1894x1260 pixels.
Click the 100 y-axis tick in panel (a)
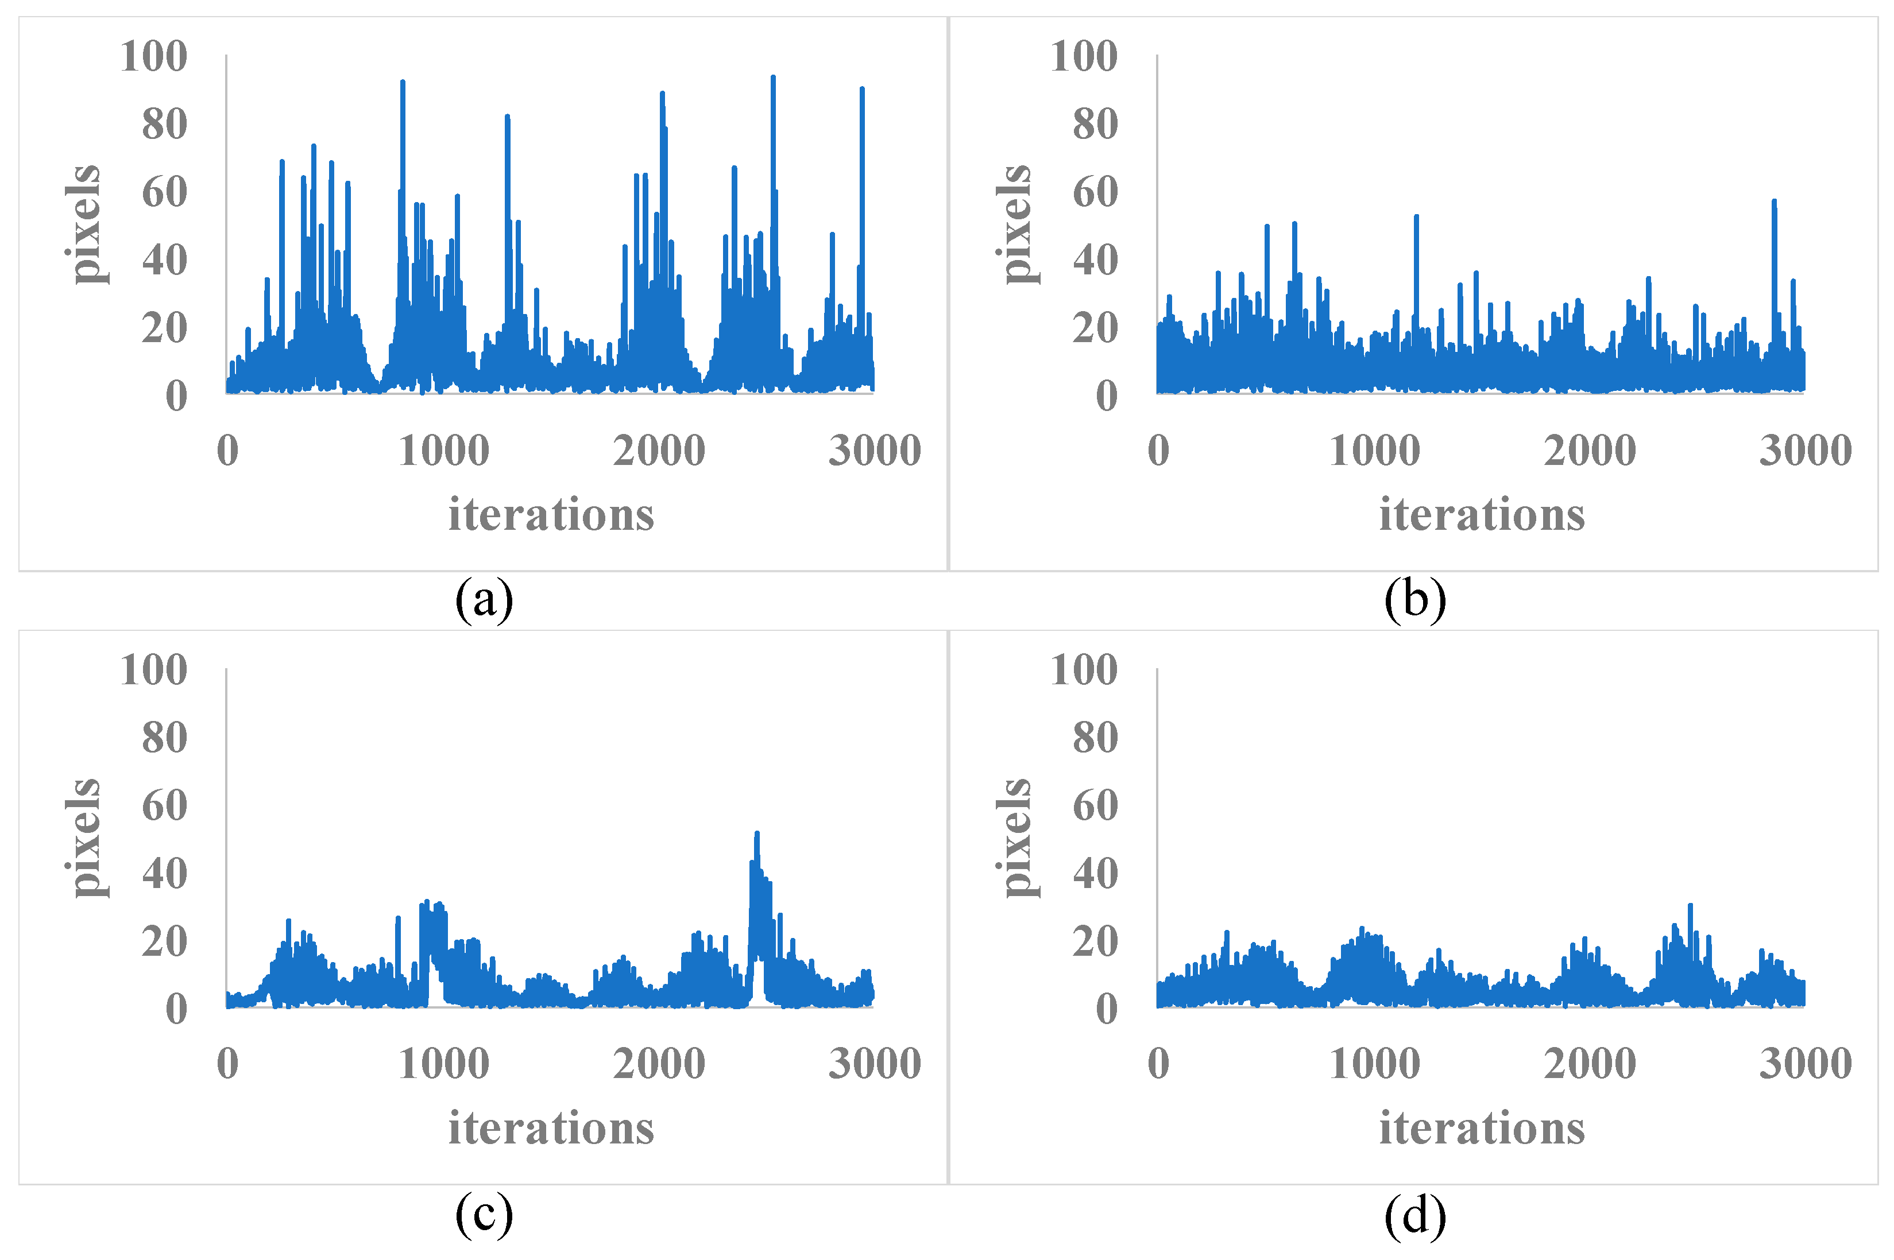153,56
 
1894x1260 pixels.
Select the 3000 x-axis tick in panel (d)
1805,1063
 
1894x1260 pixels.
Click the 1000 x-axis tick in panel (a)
444,450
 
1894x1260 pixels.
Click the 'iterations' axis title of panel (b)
1482,514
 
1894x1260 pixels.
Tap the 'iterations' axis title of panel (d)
1482,1127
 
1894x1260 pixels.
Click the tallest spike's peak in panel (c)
756,833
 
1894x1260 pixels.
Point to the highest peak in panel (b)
1773,201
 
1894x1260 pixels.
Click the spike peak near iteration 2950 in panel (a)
862,88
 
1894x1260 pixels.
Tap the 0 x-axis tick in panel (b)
1158,450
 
